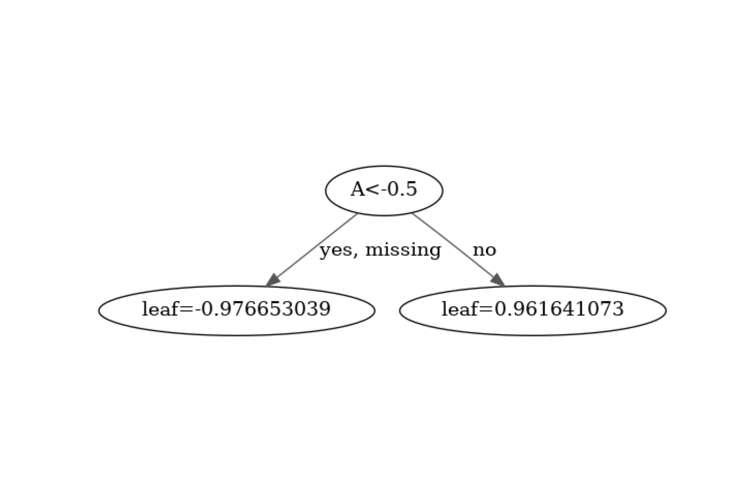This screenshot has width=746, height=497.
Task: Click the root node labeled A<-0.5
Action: tap(384, 190)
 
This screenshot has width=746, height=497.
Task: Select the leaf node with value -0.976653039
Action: tap(236, 310)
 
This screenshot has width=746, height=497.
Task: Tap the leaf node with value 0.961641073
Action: tap(533, 310)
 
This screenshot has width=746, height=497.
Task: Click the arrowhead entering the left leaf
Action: tap(273, 281)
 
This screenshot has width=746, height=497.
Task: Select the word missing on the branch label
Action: tap(403, 249)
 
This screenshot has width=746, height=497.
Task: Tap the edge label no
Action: tap(484, 250)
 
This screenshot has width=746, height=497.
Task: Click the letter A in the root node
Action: tap(358, 189)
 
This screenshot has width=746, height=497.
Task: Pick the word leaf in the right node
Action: tap(460, 309)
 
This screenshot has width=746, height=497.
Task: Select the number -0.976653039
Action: tap(263, 309)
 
